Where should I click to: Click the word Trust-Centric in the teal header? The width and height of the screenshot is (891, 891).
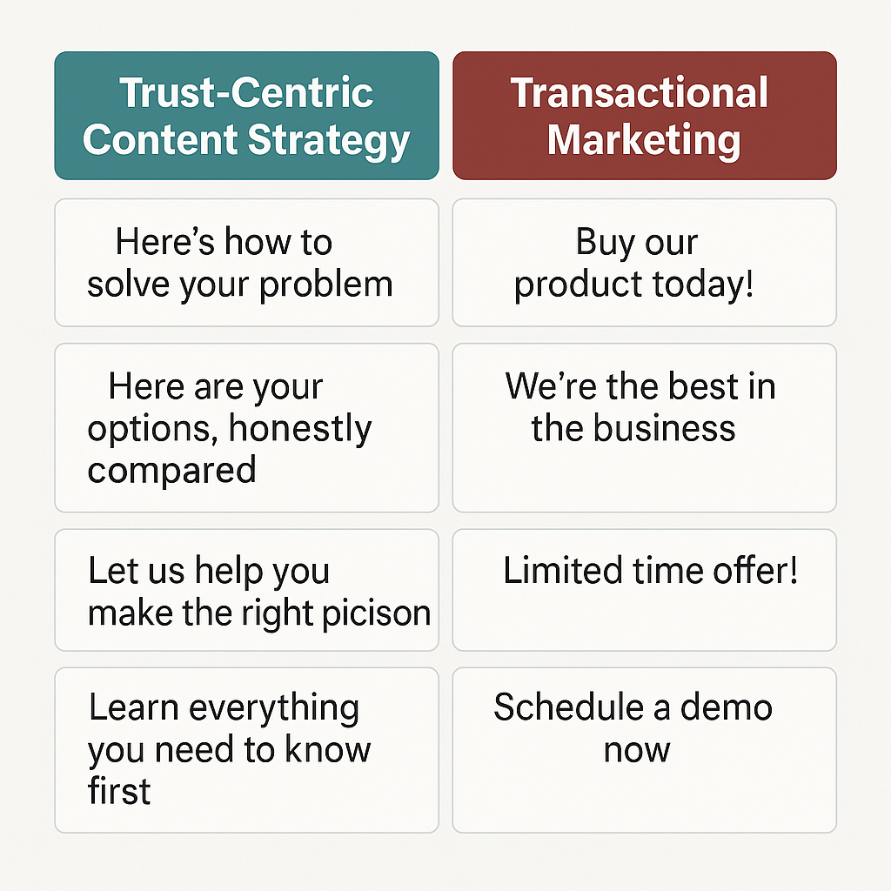coord(246,93)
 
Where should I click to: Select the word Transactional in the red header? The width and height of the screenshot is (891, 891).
coord(640,93)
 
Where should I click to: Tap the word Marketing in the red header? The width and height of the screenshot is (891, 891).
coord(644,139)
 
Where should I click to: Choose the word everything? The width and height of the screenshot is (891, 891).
coord(274,708)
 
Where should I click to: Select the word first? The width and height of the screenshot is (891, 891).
coord(119,791)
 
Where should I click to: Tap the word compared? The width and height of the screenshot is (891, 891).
coord(171,470)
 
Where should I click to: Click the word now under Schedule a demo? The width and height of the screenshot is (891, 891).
coord(636,749)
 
